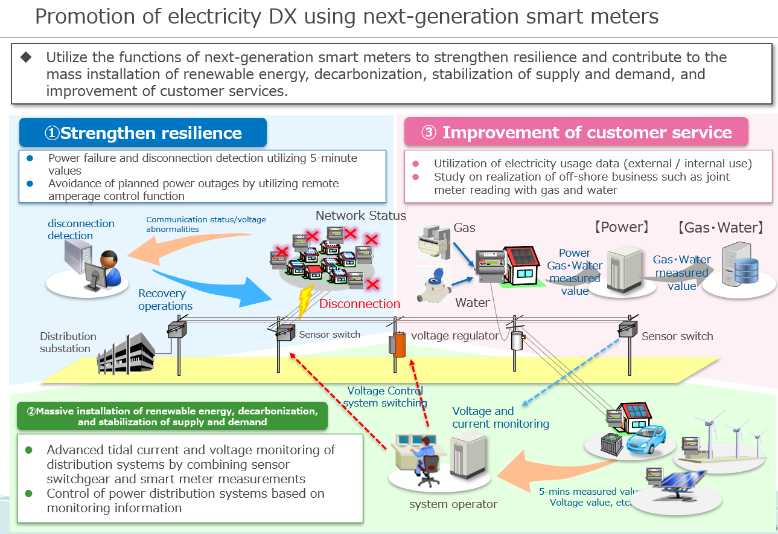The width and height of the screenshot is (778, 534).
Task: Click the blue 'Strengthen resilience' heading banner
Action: (143, 133)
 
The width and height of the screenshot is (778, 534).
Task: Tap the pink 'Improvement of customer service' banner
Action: (576, 133)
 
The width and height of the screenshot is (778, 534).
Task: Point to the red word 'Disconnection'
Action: (360, 304)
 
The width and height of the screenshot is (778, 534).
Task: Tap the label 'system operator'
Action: (453, 504)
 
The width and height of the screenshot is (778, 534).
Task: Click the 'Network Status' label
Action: (361, 216)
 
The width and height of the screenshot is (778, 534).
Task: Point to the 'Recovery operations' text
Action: (165, 300)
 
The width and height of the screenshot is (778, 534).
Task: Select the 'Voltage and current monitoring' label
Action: (500, 417)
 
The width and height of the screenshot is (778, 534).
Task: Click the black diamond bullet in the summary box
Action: (26, 57)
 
